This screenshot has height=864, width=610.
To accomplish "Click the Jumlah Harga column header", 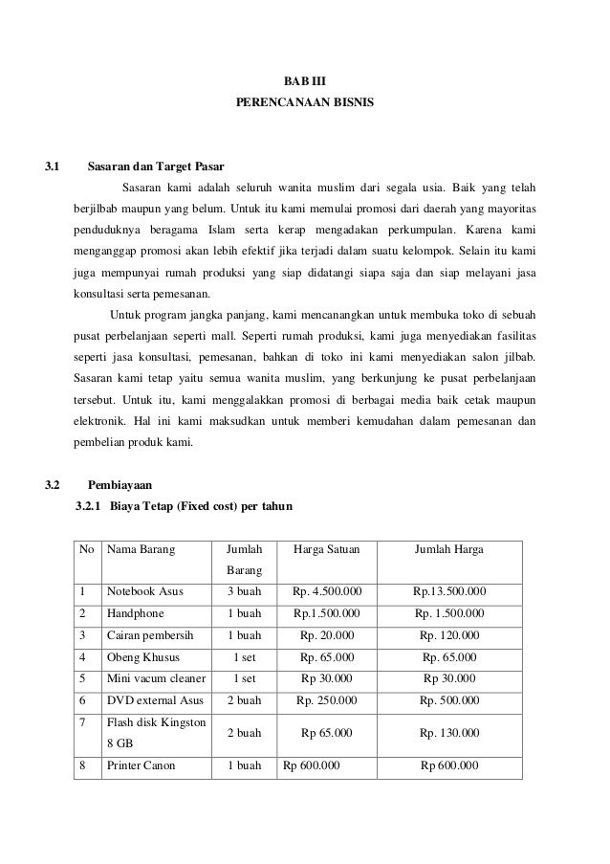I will pos(448,550).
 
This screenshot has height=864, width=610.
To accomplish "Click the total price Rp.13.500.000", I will pos(449,591).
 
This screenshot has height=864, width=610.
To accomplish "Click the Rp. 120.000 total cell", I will pos(449,635).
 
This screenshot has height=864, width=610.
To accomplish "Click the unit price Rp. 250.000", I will pos(326,701).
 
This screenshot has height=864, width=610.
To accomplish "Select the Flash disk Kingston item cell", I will pos(157,722).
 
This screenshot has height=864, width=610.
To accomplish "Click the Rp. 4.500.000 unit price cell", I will pos(326,591).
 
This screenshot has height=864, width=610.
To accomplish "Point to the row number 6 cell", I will pos(87,701).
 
